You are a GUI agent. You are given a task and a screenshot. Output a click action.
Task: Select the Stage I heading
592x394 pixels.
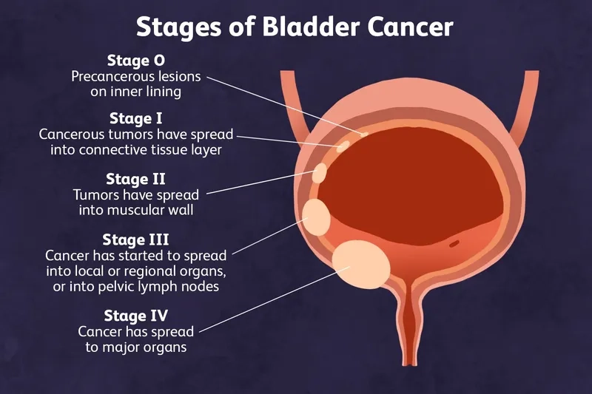[x=136, y=118]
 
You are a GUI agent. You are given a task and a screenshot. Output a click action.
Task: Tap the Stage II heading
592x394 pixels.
[x=136, y=178]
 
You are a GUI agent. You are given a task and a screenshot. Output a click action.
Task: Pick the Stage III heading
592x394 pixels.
[x=136, y=240]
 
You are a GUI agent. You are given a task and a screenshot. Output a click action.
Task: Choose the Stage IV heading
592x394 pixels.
[x=136, y=316]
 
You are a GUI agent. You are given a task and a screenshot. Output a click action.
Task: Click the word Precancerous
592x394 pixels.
[x=108, y=76]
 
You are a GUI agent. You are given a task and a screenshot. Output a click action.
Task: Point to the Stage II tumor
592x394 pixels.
[x=320, y=173]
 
